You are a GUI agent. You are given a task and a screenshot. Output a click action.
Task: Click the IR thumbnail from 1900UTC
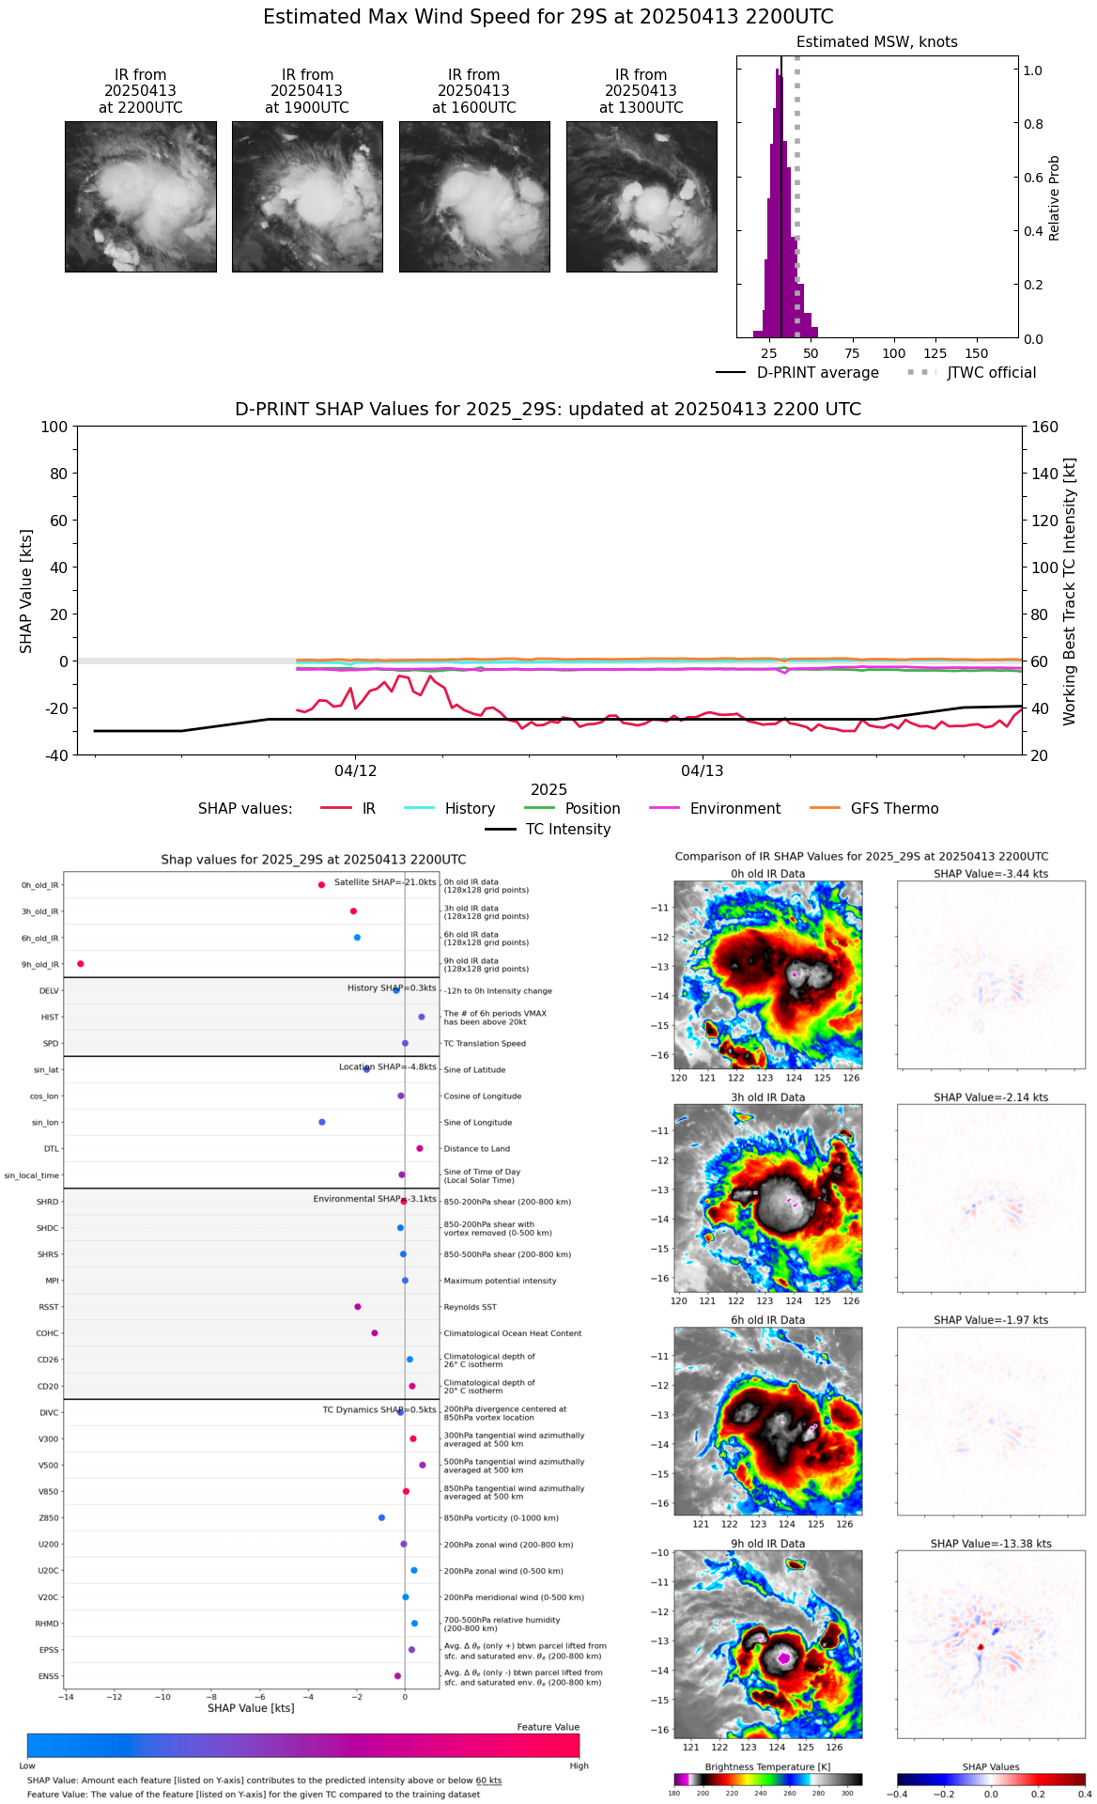tap(307, 196)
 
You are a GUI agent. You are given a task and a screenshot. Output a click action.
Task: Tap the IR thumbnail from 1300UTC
tap(641, 196)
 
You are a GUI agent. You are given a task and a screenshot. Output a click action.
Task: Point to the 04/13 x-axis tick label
tap(703, 771)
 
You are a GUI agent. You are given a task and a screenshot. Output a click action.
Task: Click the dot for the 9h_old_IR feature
tap(81, 964)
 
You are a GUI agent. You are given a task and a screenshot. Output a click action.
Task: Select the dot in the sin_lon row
tap(322, 1122)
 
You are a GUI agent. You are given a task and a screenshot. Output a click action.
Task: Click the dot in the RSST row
tap(358, 1307)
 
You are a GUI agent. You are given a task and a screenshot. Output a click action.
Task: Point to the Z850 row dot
tap(381, 1517)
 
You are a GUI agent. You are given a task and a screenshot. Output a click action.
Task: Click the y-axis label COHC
tap(48, 1333)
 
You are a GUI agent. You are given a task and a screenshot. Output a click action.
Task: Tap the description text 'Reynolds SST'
tap(470, 1307)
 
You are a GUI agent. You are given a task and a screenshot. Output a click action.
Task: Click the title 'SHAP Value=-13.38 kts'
tap(991, 1544)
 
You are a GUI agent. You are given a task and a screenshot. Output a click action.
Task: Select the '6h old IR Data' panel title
tap(767, 1320)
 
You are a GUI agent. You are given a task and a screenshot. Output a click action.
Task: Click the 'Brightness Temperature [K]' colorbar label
tap(767, 1767)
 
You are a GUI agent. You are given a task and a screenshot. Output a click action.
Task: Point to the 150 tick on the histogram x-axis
tap(977, 353)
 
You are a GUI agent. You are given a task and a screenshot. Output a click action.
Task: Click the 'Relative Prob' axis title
tap(1055, 197)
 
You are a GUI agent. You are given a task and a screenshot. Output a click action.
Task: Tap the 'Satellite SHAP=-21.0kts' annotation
tap(385, 882)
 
